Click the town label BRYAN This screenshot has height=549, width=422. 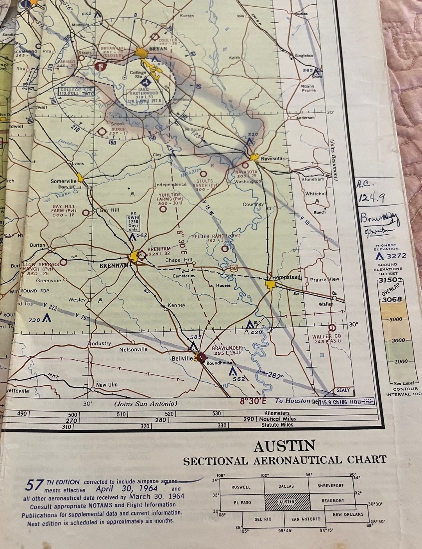point(158,49)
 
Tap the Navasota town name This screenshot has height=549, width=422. point(271,158)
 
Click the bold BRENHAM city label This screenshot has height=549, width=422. point(113,265)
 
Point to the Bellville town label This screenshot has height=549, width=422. point(182,358)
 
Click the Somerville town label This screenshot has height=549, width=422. point(64,181)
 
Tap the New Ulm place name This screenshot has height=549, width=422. point(107,385)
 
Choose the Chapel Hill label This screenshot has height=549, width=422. point(179,260)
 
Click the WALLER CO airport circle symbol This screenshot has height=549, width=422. point(332,327)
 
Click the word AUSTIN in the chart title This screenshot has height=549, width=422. point(284,446)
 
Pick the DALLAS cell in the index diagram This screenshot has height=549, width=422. point(286,486)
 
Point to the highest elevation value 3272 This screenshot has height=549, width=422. point(396,256)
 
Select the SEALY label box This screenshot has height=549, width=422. point(343,390)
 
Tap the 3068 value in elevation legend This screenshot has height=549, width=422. point(392,300)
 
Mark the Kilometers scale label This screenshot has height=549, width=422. point(277,413)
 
